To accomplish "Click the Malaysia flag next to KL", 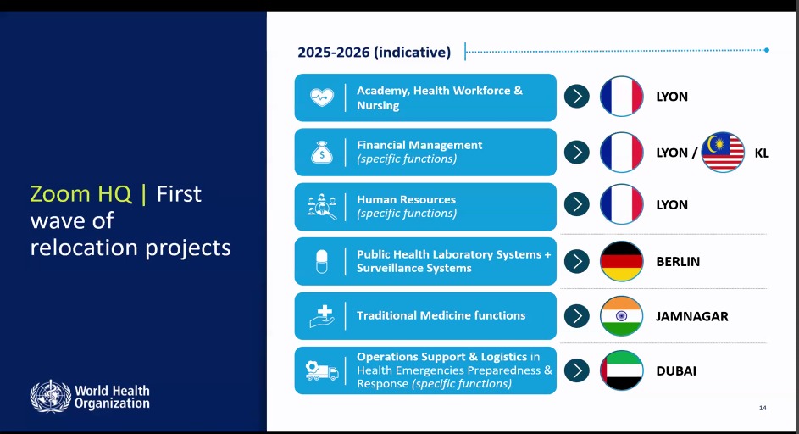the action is tap(723, 153).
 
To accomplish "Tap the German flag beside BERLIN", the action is tap(622, 261).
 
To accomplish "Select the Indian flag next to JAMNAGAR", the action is tap(622, 315).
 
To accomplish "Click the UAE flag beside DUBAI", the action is tap(622, 370).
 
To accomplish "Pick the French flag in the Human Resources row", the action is tap(622, 204).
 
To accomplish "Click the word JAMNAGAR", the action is tap(692, 317).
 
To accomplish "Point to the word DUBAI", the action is tap(676, 371).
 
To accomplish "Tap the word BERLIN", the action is tap(678, 262).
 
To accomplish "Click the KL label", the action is tap(762, 153).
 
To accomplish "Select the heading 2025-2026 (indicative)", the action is tap(374, 52).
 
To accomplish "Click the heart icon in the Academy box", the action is tap(322, 97).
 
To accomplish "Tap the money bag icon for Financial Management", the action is tap(322, 152).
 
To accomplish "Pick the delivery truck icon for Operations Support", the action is tap(322, 370).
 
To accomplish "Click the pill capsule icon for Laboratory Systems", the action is tap(322, 262).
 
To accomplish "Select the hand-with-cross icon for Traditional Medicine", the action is tap(322, 316).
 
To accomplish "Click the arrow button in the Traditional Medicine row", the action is tap(577, 315).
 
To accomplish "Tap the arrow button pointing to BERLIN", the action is tap(577, 261).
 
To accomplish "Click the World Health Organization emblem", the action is tap(51, 396).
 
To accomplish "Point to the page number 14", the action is tap(763, 408).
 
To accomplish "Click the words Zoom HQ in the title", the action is tap(80, 194).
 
